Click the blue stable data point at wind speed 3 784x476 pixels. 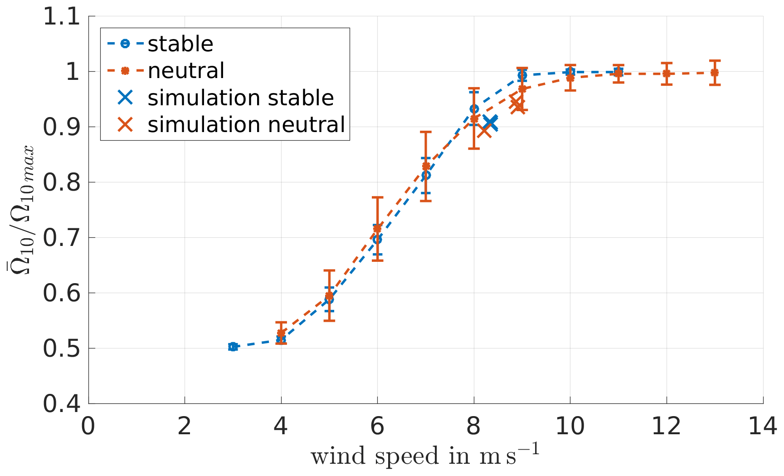click(x=233, y=347)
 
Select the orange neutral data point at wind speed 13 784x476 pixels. click(x=715, y=73)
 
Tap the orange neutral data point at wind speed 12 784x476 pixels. click(x=667, y=74)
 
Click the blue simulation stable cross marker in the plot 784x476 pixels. click(x=490, y=123)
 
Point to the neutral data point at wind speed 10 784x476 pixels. click(x=570, y=78)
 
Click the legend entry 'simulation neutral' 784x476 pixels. click(x=246, y=124)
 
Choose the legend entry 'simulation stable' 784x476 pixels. click(x=240, y=98)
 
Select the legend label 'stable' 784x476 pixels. click(x=180, y=44)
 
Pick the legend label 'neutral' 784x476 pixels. click(x=186, y=71)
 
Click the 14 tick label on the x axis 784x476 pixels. click(x=763, y=427)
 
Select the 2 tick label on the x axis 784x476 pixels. click(x=185, y=427)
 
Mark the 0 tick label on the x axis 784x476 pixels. click(x=88, y=427)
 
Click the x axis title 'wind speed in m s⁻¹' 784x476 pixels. click(x=425, y=456)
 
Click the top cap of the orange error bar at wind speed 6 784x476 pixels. click(x=377, y=197)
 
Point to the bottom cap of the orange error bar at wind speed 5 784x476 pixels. click(x=329, y=321)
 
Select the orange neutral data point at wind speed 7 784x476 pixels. click(x=426, y=167)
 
